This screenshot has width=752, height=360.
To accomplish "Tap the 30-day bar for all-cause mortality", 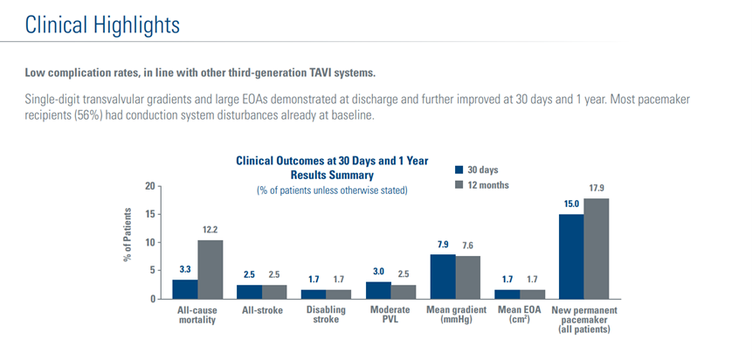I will point(185,288).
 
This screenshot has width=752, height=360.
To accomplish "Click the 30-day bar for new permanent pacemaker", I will point(570,256).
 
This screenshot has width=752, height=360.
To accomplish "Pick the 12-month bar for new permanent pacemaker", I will point(596,248).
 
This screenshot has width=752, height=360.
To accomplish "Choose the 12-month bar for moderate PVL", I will point(403,291).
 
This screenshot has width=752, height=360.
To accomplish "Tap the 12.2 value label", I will point(210,230).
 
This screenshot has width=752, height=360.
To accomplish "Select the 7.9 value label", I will point(443,245).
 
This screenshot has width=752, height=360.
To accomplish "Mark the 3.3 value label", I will point(185,270).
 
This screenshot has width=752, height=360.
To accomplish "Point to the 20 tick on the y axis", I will point(149,186).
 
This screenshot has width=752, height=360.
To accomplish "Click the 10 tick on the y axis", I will point(149,243).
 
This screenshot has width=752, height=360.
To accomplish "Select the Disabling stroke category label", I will point(326,315).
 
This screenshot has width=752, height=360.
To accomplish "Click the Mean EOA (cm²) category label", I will point(519,315).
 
